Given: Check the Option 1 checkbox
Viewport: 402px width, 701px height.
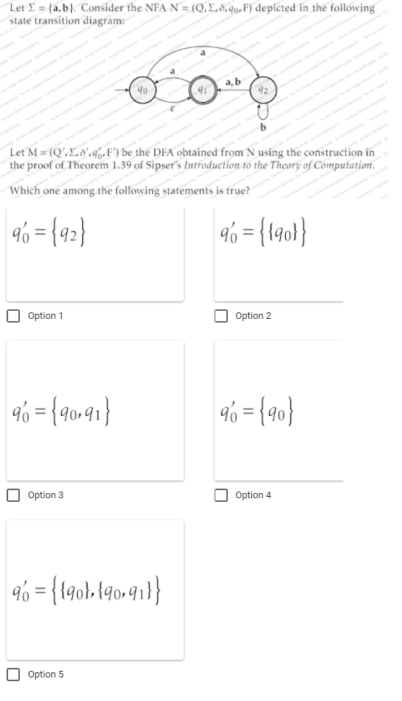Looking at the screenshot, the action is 14,316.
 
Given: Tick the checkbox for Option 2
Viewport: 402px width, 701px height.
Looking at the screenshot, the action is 222,316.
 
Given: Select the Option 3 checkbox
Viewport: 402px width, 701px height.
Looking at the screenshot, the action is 14,495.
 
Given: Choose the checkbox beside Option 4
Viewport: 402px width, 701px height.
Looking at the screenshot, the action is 222,495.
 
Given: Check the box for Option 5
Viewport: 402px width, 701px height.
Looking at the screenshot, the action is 14,675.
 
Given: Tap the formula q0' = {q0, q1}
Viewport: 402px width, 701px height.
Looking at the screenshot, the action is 62,409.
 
